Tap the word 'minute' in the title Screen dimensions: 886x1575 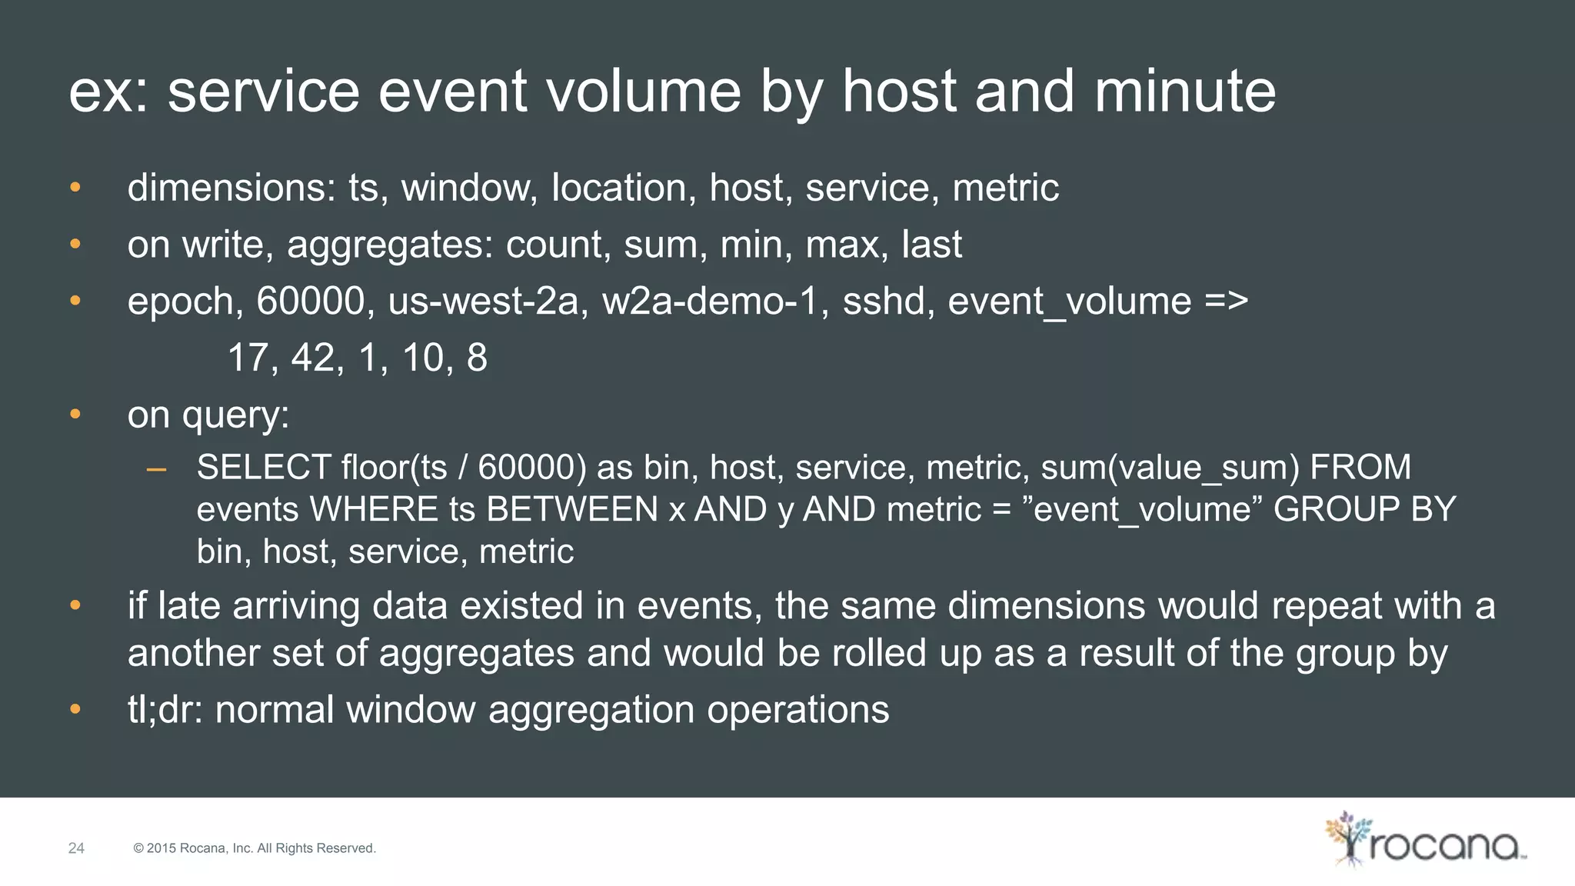pos(1184,92)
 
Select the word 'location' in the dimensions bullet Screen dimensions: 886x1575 pos(618,188)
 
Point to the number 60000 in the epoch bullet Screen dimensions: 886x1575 pos(310,301)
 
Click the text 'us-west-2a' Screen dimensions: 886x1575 pos(483,301)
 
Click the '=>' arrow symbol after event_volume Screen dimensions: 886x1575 pos(1226,301)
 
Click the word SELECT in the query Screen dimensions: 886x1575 pos(263,468)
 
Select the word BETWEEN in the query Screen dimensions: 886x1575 pos(572,510)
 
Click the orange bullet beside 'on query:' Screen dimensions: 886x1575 pos(75,415)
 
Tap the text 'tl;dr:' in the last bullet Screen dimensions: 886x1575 pos(165,709)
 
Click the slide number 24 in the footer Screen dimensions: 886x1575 pos(76,848)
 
